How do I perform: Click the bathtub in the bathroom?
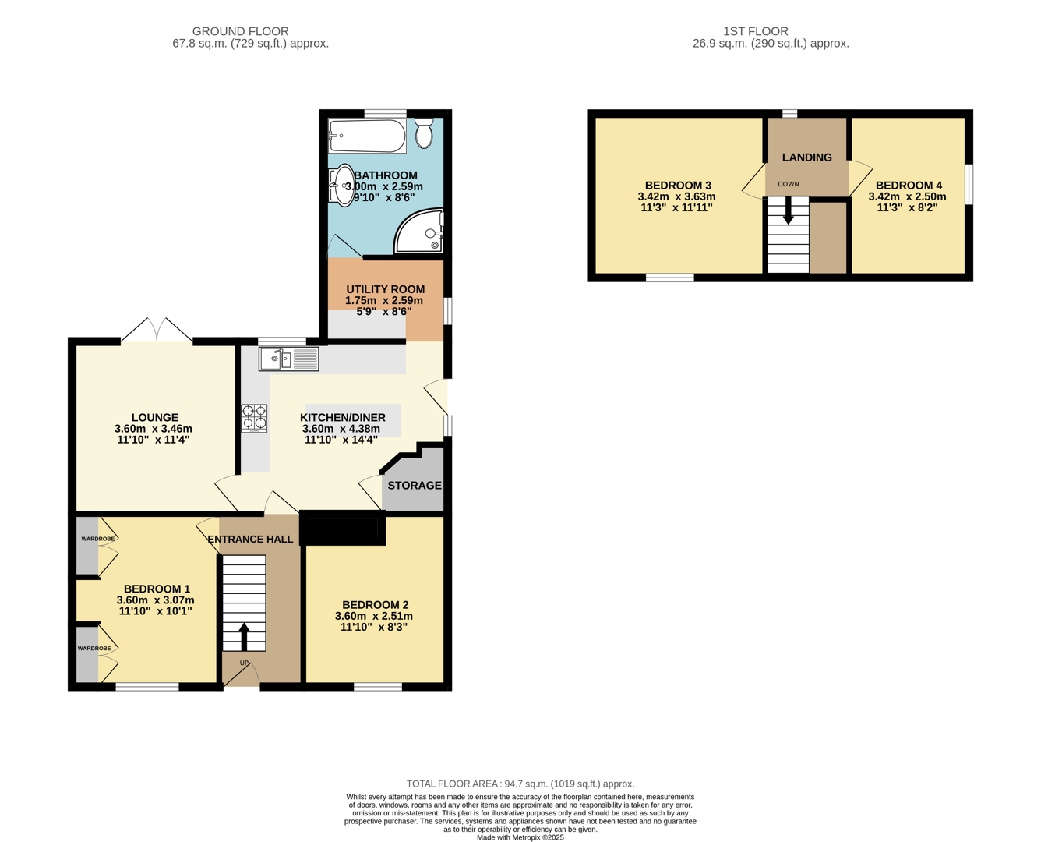point(368,136)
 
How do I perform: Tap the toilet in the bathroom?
point(424,133)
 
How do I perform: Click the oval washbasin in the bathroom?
point(344,185)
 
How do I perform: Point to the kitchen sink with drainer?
point(289,359)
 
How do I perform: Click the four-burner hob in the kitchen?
point(254,418)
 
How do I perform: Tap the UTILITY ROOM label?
point(385,289)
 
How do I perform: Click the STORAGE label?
point(415,485)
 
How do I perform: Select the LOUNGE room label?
point(155,418)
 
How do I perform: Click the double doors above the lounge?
point(157,331)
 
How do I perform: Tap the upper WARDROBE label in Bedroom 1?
point(98,539)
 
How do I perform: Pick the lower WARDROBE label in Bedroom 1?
point(94,648)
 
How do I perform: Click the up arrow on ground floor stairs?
point(244,635)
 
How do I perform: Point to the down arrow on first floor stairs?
point(788,210)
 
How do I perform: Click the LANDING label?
point(806,157)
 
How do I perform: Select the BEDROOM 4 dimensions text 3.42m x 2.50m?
point(908,196)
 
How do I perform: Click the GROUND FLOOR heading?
point(240,31)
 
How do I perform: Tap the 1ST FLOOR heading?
point(755,31)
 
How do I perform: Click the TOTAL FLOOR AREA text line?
point(520,784)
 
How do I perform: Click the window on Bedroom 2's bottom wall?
point(378,687)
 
